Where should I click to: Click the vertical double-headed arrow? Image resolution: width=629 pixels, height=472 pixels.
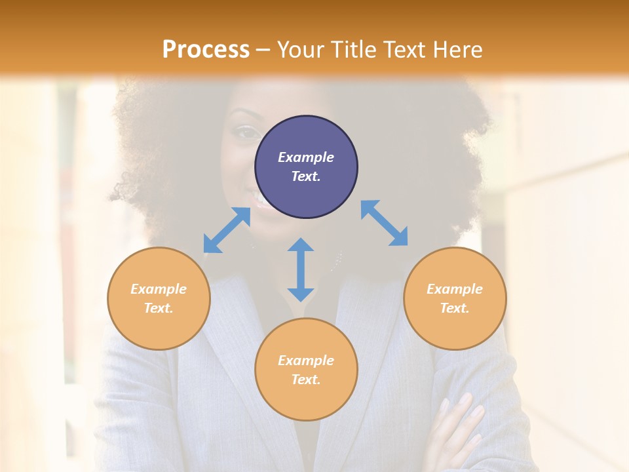pyautogui.click(x=301, y=269)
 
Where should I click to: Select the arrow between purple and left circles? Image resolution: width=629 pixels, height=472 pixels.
pyautogui.click(x=227, y=230)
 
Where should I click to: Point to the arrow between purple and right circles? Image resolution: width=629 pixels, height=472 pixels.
pyautogui.click(x=384, y=223)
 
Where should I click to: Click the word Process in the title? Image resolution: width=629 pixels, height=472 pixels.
pyautogui.click(x=206, y=50)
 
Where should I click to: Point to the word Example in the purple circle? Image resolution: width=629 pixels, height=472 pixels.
pyautogui.click(x=306, y=157)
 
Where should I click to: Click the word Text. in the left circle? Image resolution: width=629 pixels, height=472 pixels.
pyautogui.click(x=159, y=308)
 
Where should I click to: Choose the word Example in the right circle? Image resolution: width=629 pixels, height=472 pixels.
pyautogui.click(x=455, y=289)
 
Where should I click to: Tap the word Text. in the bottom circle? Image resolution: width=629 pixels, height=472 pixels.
pyautogui.click(x=306, y=380)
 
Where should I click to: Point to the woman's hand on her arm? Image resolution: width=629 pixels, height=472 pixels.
pyautogui.click(x=462, y=426)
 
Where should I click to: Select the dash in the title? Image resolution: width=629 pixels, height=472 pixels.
pyautogui.click(x=263, y=50)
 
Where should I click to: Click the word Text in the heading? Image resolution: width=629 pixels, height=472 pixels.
pyautogui.click(x=402, y=50)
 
